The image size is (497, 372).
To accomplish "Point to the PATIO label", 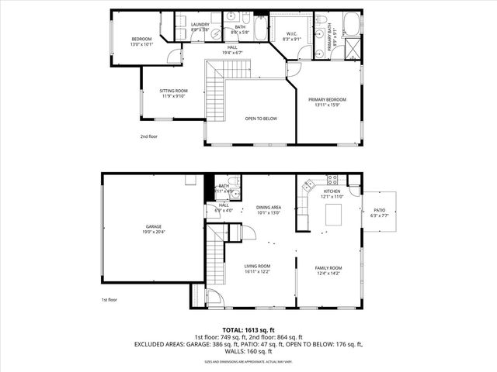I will coord(379,208).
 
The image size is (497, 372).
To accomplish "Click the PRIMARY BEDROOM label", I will coord(327,99).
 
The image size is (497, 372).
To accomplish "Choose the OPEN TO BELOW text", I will coord(261,119).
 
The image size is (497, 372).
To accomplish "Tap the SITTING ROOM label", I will coord(173,91).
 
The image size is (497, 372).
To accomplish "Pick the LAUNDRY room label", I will coord(200,25).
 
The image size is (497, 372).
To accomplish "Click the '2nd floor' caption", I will coord(148,136).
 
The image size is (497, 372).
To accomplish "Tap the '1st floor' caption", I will coord(109,299).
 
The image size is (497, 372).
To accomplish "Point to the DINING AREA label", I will coord(268,208).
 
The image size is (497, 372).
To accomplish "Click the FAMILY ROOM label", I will coord(329,267).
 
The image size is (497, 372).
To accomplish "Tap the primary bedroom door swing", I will coord(293,71).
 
